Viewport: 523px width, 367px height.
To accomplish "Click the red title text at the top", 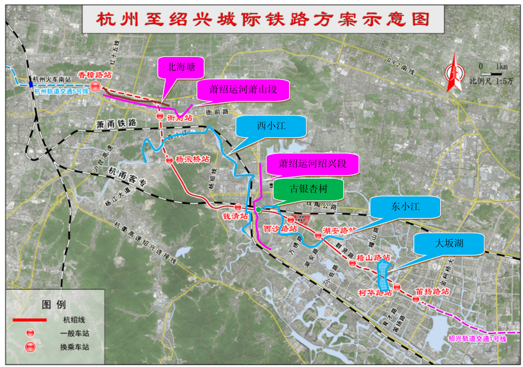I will coord(263,19).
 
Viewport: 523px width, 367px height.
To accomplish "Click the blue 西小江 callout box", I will coord(271,126).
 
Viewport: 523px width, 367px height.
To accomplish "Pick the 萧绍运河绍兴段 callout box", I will coord(312,164).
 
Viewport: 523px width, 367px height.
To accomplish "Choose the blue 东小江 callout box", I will coord(405,208).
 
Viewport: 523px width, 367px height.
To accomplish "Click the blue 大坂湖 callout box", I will coord(448,244).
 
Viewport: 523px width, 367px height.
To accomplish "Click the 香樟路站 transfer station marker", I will coord(97,86).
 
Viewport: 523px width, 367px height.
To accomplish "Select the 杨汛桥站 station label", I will coord(192,159).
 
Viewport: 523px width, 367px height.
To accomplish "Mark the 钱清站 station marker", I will coord(238,208).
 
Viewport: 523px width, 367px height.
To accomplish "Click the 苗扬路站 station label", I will coord(432,291).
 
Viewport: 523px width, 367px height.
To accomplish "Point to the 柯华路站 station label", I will coord(375,292).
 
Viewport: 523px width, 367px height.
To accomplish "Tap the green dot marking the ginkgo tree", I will coord(258,210).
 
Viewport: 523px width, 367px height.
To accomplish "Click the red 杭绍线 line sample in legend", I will coord(29,320).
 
